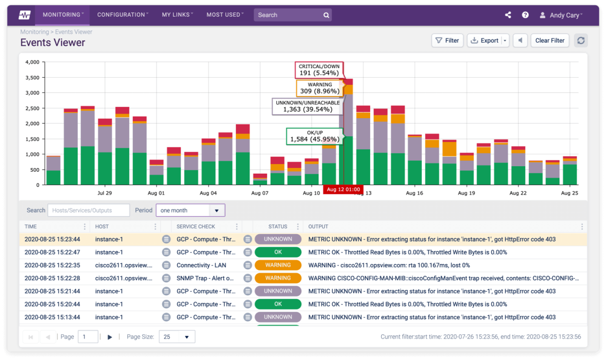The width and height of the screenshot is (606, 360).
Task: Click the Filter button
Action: coord(447,40)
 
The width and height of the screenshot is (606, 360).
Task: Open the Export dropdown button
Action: coord(488,40)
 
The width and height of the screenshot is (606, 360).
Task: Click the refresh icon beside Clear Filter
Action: coord(581,40)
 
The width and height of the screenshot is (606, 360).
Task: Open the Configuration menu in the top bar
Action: coord(123,15)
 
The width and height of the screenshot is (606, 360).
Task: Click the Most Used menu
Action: coord(225,15)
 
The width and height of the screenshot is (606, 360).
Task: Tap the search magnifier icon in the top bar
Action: coord(326,15)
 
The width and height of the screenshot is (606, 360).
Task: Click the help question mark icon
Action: coord(525,15)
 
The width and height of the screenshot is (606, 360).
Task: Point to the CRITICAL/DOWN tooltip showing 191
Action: coord(319,70)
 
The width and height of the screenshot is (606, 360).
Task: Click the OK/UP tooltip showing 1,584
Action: coord(311,136)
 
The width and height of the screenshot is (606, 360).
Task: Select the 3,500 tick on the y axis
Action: coord(32,77)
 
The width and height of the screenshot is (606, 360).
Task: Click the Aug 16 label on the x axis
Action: coord(414,193)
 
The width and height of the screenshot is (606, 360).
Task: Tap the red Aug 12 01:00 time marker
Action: coord(343,190)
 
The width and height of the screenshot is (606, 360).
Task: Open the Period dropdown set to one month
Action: coord(190,210)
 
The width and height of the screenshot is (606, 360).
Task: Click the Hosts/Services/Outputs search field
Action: coord(88,210)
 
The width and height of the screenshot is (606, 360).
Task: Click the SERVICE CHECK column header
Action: coord(196,227)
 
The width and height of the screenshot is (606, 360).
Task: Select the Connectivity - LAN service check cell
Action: coord(201,265)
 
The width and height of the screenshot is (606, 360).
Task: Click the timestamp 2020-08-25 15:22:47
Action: coord(52,252)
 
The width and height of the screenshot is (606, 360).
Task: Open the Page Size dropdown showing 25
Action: coord(177,337)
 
